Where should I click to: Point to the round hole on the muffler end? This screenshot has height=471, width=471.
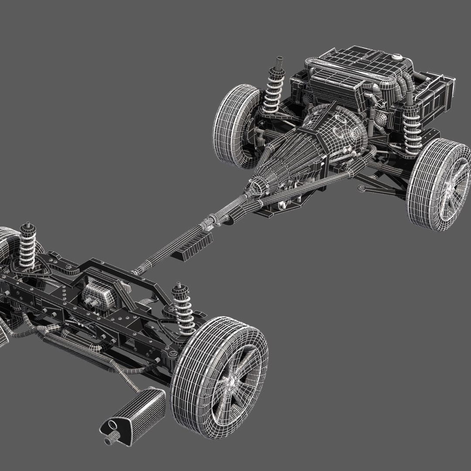point(113,425)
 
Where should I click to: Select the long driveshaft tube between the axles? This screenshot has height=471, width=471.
point(174,249)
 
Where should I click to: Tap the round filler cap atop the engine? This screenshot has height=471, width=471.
point(396,57)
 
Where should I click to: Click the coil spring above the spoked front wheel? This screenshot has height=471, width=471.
point(412,129)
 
